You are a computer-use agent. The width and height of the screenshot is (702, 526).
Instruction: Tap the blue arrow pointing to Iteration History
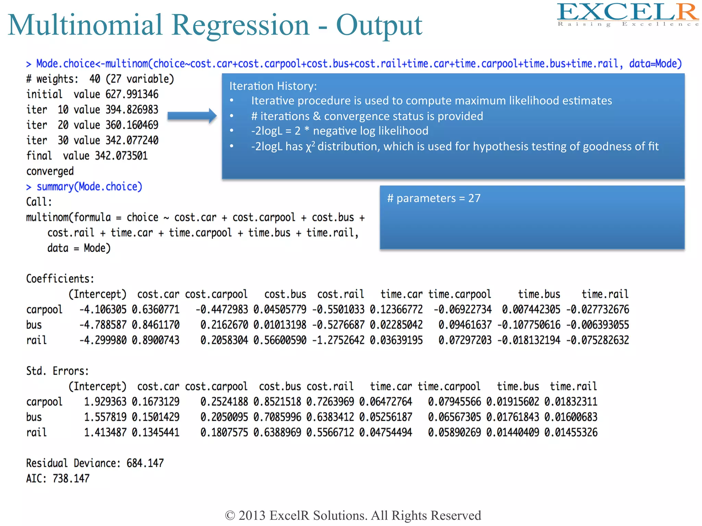click(x=192, y=116)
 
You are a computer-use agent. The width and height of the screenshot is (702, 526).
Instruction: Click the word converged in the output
click(x=50, y=171)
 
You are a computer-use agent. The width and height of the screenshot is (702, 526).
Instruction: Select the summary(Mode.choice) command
click(x=89, y=187)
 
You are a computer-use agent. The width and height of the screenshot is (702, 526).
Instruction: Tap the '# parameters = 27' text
click(x=434, y=198)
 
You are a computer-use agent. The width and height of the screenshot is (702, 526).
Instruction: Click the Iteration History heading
click(x=273, y=86)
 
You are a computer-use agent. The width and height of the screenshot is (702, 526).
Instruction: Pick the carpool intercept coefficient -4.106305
click(x=103, y=310)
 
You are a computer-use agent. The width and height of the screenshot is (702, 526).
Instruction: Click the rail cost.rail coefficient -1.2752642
click(x=338, y=340)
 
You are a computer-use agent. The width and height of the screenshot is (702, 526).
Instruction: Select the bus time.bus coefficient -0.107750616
click(x=529, y=325)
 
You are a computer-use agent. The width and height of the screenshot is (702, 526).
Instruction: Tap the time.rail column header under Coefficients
click(x=605, y=294)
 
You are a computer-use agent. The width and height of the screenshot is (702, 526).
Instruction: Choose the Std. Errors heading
click(x=58, y=371)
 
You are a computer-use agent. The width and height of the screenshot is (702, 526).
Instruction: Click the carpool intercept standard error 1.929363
click(x=105, y=402)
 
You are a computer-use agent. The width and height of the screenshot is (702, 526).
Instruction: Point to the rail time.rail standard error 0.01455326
click(x=571, y=433)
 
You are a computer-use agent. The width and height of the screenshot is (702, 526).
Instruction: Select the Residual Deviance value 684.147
click(x=145, y=463)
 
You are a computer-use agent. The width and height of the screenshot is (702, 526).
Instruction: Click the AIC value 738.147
click(x=71, y=478)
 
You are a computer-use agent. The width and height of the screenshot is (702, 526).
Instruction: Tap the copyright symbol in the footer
click(x=230, y=516)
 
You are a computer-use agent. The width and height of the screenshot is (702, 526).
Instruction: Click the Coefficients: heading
click(x=60, y=279)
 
